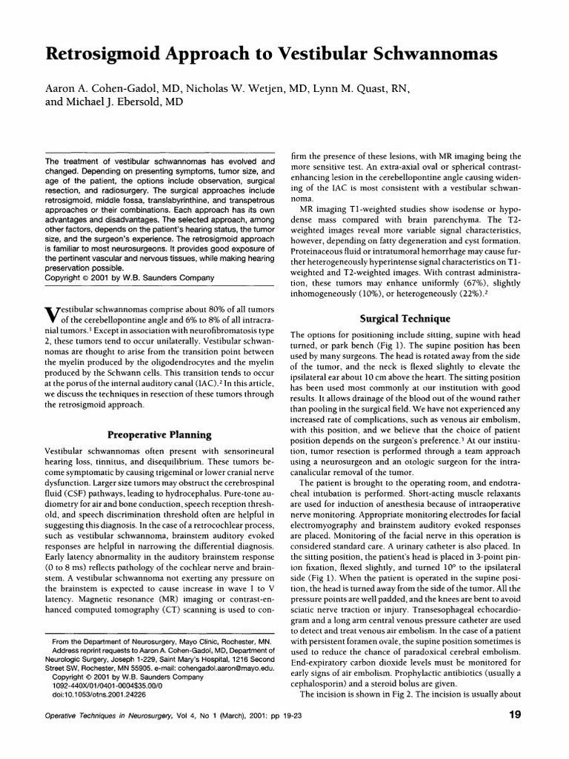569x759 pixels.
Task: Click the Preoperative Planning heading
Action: (x=160, y=434)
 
